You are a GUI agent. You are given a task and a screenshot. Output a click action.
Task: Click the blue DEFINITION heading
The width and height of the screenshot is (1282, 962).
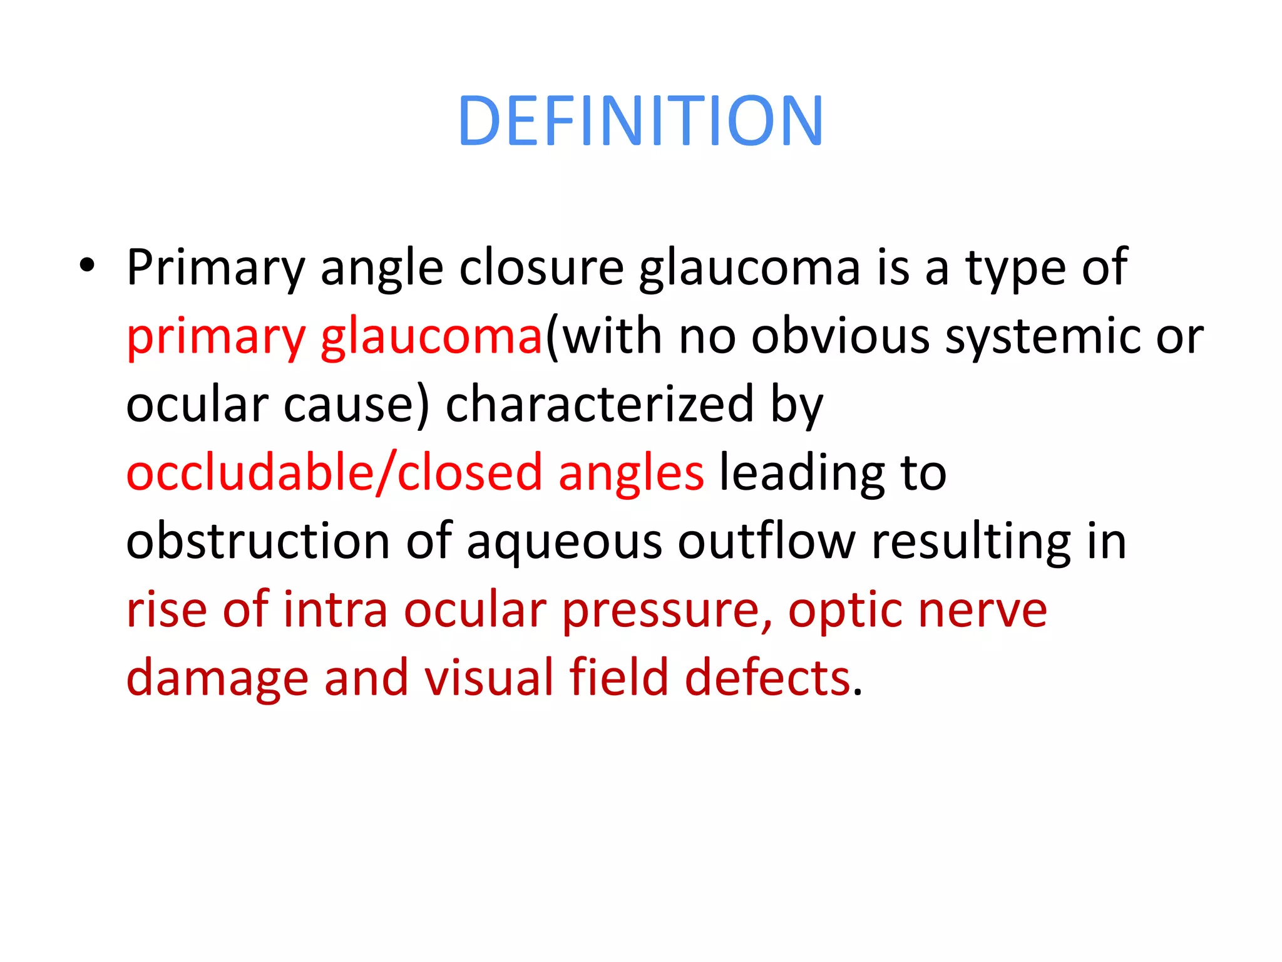[x=640, y=120]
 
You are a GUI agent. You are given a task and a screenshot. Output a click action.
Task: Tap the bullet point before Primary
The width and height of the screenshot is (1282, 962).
[x=87, y=266]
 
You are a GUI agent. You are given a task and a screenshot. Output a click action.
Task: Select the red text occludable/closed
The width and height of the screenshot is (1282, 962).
[x=334, y=473]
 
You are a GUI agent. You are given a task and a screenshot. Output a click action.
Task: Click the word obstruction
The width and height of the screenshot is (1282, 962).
[x=258, y=541]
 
